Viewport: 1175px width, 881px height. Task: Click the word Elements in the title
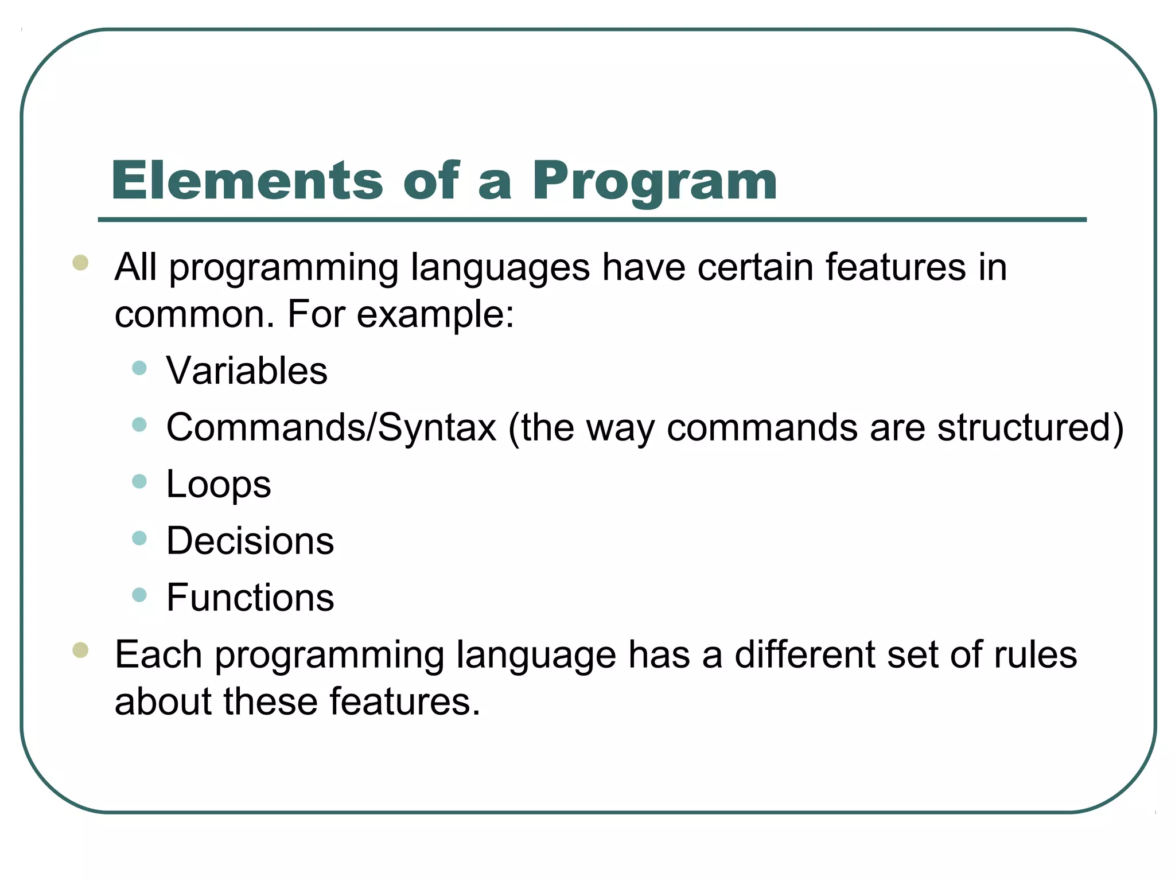(247, 181)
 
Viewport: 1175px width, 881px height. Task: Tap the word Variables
(247, 371)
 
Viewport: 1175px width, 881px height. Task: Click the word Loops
(218, 485)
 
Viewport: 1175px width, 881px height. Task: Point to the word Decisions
(250, 541)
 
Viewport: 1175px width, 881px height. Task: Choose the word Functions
(250, 598)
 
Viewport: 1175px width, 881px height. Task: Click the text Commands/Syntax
(331, 428)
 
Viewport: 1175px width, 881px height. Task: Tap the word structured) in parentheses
(1030, 428)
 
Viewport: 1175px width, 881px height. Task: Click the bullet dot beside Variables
(139, 368)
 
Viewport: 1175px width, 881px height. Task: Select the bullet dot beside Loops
(139, 481)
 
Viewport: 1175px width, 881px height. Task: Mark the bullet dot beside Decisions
(139, 538)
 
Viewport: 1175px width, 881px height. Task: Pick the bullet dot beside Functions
(139, 595)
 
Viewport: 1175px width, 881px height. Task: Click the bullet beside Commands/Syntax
(139, 424)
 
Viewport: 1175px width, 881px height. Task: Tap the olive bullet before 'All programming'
(80, 263)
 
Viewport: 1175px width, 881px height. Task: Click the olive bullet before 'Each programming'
(80, 650)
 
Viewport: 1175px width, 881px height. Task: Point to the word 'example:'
(435, 315)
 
